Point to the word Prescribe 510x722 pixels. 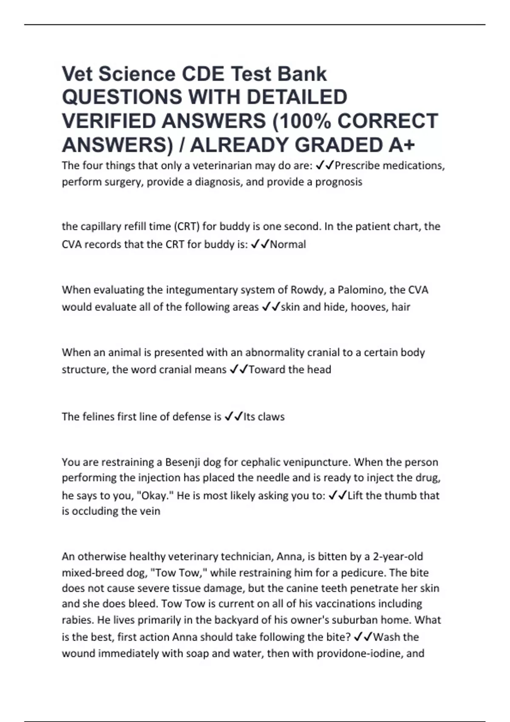[356, 166]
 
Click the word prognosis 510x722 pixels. [338, 182]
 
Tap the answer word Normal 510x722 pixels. [288, 245]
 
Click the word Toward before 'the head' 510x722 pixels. [266, 369]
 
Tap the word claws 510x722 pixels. [271, 417]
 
